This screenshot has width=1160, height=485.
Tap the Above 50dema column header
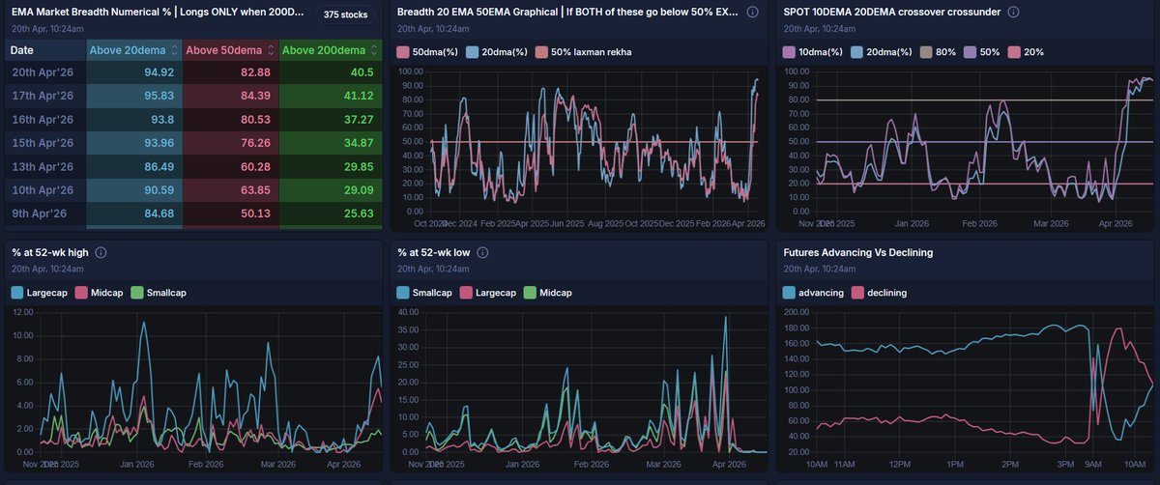click(x=223, y=50)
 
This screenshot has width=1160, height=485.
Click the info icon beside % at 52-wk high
click(x=101, y=253)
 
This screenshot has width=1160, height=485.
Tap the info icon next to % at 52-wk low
click(x=482, y=253)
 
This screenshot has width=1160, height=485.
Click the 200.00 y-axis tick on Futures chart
click(x=798, y=313)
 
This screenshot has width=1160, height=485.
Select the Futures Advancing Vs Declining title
click(x=852, y=253)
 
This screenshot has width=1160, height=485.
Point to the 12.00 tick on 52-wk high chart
click(x=23, y=313)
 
